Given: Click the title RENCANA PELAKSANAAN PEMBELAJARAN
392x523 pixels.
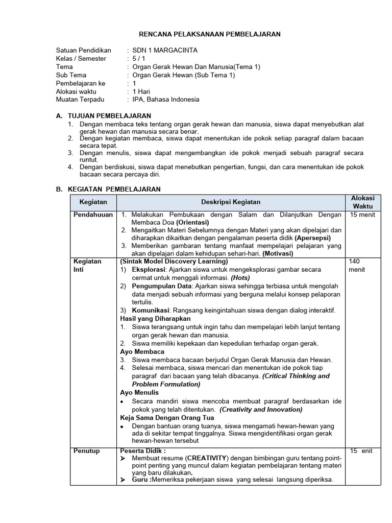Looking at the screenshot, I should coord(210,34).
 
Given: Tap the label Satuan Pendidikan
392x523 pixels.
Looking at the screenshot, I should coord(83,51).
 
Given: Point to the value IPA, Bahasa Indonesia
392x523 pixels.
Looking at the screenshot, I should coord(166,100).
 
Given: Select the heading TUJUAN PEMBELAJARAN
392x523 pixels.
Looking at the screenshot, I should coord(109,116).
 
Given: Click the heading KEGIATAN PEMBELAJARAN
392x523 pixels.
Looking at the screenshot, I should coord(114,189).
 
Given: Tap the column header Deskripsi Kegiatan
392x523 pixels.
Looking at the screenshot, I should coord(231,202).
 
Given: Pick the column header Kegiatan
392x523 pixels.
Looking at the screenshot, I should coord(93,202).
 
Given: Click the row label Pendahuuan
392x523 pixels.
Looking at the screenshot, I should coord(93,215).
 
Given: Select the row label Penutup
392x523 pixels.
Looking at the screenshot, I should coord(87,451).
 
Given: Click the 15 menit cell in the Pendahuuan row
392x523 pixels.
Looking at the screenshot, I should coord(362,215).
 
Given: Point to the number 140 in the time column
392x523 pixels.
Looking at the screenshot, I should coord(355,261).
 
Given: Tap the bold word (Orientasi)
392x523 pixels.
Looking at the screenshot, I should coord(193,223).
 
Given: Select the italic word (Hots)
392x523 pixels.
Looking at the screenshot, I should coord(240,277).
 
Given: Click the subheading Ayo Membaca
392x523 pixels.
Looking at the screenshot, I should coord(142,352).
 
